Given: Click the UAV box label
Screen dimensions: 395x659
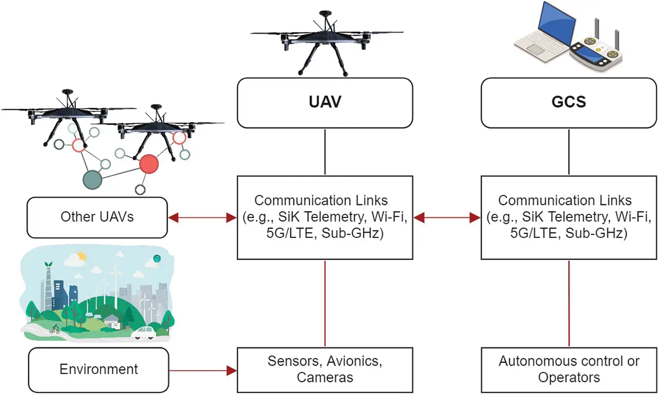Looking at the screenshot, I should (325, 101).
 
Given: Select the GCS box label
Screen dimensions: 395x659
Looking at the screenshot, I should (569, 101).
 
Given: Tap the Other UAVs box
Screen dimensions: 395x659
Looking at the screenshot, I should (97, 216).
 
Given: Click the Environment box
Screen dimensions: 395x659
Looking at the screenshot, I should (98, 369).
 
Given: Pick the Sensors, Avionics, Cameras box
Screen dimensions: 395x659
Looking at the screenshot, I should (325, 369).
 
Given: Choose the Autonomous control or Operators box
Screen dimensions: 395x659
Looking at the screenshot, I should (569, 369).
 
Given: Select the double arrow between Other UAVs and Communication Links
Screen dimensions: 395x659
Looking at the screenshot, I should (202, 216).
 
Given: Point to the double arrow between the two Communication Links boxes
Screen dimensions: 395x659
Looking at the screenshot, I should (447, 216).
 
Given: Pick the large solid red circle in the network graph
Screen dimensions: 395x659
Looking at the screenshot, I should (149, 164).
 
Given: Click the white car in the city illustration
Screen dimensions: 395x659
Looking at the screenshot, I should (143, 332).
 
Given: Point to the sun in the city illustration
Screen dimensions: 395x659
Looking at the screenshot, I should (81, 257).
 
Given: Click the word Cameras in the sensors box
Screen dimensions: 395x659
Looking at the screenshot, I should (325, 377).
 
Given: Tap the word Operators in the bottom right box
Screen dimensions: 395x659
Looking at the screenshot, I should (569, 377).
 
